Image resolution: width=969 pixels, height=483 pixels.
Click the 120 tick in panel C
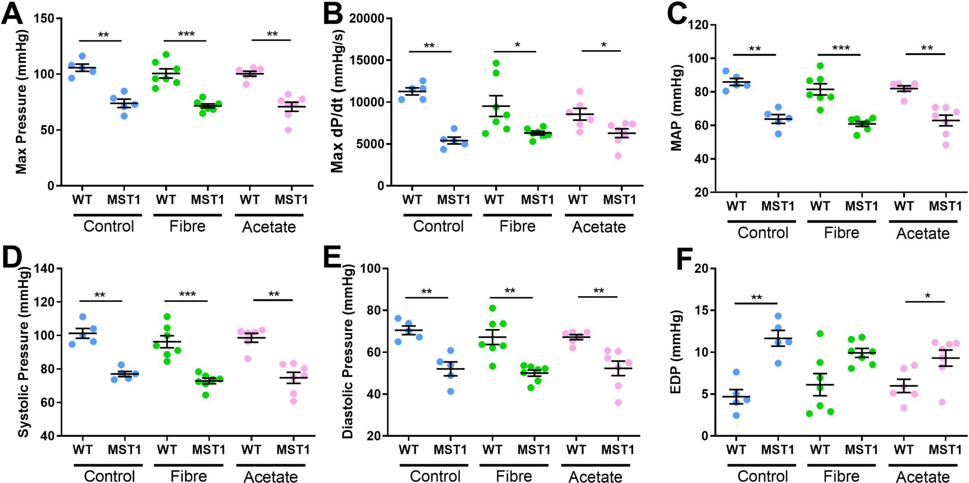(699, 25)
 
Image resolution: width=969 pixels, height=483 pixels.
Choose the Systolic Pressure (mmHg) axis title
(23, 352)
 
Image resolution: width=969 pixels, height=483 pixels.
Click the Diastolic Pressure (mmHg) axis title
(348, 352)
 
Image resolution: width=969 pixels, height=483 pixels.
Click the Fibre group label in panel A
(187, 227)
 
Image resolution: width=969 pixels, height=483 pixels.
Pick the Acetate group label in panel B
(599, 227)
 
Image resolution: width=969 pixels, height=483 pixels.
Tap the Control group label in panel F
(762, 477)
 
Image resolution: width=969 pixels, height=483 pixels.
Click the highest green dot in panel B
(496, 63)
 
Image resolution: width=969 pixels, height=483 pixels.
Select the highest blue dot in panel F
(777, 316)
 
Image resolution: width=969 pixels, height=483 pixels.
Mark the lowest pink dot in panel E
(618, 402)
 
